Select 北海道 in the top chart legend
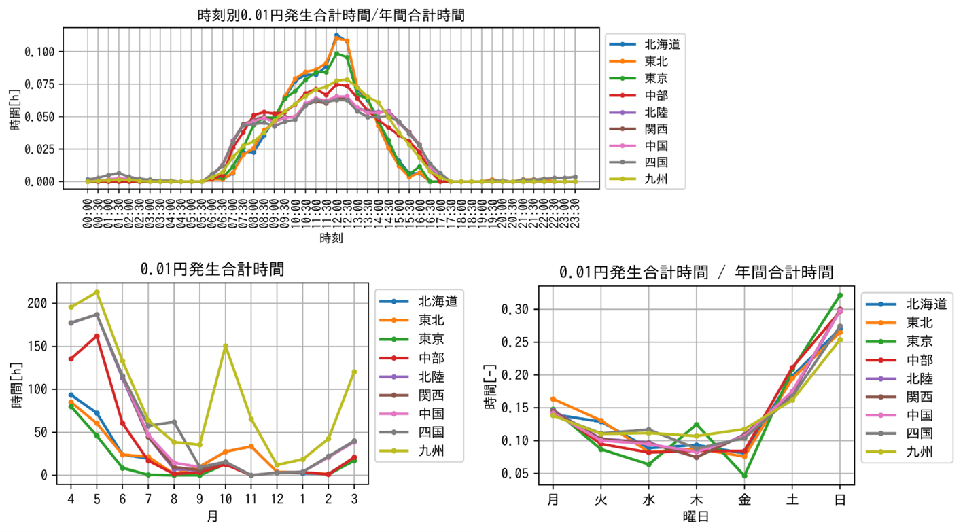pos(663,45)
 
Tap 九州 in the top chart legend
pos(655,179)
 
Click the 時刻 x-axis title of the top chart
pos(330,238)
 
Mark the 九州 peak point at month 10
pos(225,346)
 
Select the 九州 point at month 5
pos(97,292)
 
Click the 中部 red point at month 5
pos(97,336)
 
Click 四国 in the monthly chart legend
pos(432,431)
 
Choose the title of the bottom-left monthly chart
pos(212,269)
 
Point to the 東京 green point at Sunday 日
pos(840,295)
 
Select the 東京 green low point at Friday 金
pos(745,476)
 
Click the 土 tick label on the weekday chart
pos(792,500)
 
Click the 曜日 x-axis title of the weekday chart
pos(697,517)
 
